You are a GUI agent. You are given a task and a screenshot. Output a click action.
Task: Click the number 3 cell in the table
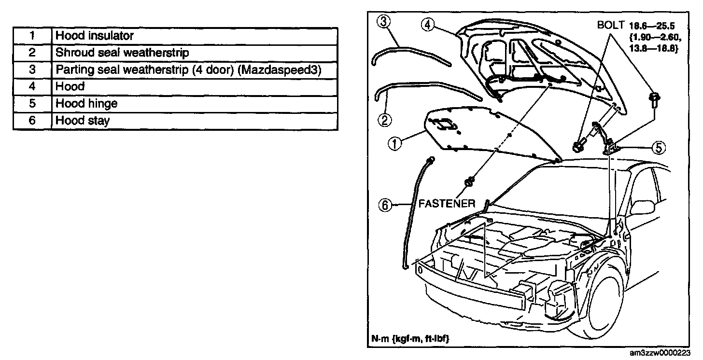coord(32,69)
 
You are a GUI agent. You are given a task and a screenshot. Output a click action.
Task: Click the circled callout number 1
coord(394,143)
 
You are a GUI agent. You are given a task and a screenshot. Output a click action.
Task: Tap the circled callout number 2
coord(385,119)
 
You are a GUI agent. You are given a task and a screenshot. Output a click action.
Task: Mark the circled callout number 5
coord(660,148)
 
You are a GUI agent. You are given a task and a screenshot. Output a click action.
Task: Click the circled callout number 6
coord(385,206)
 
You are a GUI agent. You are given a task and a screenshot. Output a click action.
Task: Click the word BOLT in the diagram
coord(611,26)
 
